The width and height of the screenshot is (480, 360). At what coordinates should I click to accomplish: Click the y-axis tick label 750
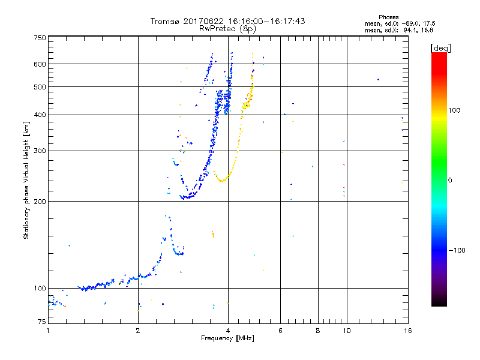point(40,37)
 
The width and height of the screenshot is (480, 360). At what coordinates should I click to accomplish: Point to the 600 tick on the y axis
point(40,64)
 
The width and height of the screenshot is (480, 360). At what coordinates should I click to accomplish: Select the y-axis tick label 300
point(40,151)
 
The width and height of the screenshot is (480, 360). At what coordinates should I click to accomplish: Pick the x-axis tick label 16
point(407,330)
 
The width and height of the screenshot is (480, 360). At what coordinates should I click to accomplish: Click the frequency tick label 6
point(280,330)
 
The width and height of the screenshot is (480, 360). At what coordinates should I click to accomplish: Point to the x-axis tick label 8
point(318,330)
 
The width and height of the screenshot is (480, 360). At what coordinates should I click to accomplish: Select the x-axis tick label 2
point(138,330)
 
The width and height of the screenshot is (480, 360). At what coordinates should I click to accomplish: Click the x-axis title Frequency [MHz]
point(227,338)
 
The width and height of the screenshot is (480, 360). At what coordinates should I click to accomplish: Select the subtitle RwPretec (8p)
point(227,28)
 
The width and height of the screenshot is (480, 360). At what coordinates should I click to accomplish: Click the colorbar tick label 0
point(451,180)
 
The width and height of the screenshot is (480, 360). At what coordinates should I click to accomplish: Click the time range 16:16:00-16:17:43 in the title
point(262,21)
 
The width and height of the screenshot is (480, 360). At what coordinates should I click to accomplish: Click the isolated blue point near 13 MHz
point(378,79)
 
